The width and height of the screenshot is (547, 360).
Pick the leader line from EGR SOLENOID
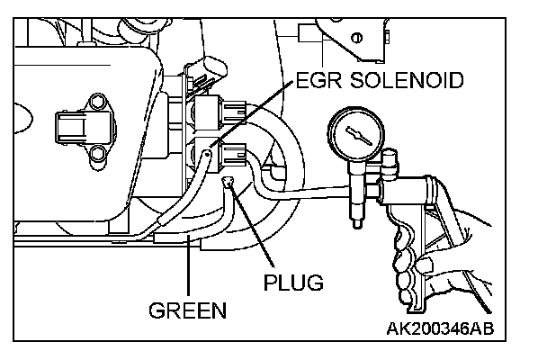pos(252,117)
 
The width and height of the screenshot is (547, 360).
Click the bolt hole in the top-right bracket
pos(359,37)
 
